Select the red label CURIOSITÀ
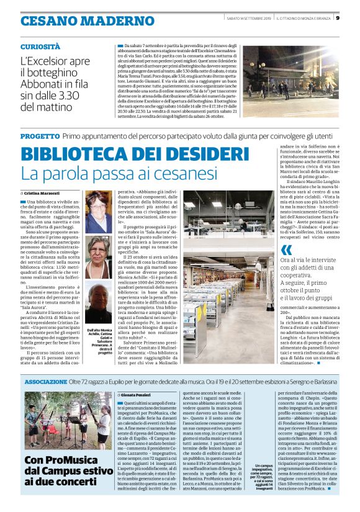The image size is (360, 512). (40, 46)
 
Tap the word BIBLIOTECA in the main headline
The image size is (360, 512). (72, 153)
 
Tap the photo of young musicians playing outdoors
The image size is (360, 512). (68, 421)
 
